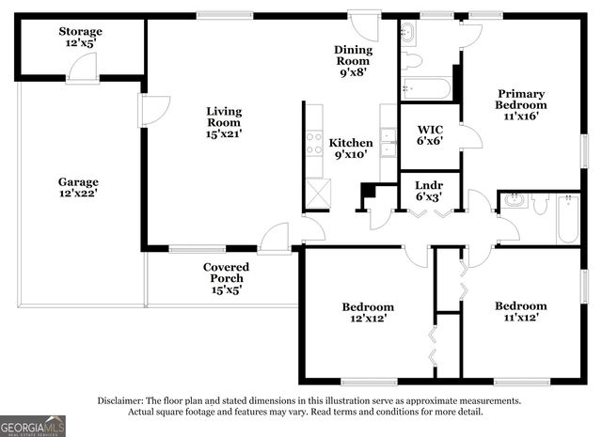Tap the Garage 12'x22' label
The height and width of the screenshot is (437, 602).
coord(78,187)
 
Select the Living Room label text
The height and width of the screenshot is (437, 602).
coord(224,122)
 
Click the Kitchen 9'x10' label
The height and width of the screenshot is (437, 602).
coord(351,148)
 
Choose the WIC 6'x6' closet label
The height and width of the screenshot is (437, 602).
coord(430,135)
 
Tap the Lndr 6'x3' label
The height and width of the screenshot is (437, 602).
coord(430,191)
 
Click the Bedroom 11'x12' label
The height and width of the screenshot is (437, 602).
coord(520,312)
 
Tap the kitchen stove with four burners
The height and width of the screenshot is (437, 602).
coord(313,143)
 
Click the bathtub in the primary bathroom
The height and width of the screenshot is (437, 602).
coord(426,89)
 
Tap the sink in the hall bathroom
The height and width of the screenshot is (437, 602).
coord(515,200)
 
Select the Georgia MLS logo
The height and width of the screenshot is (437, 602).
coord(33,427)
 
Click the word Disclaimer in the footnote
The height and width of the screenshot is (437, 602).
coord(119,400)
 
